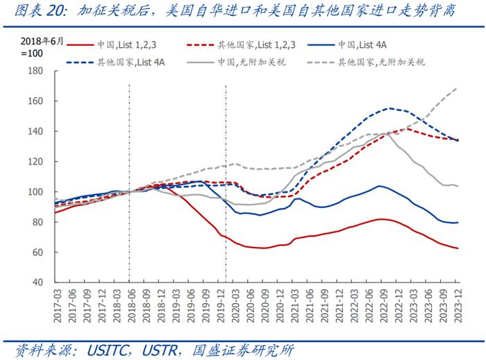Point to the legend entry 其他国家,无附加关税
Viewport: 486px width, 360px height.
pos(381,62)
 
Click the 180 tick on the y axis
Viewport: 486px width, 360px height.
pos(35,71)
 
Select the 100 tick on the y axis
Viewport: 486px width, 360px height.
pos(35,192)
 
